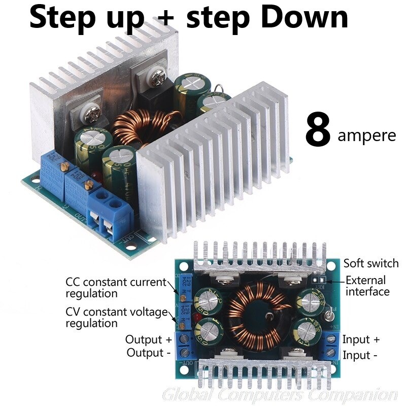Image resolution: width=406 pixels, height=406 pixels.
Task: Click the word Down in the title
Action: [303, 18]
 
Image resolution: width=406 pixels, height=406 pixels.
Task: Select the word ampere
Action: [366, 136]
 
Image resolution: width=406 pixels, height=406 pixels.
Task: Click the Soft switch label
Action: [370, 263]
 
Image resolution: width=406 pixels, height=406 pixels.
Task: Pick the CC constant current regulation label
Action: [116, 287]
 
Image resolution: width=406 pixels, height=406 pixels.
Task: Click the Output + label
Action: [148, 340]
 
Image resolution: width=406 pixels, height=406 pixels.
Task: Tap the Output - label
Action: [148, 352]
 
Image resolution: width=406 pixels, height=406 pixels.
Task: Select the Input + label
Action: [361, 340]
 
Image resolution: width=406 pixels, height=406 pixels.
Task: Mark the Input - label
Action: [360, 355]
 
